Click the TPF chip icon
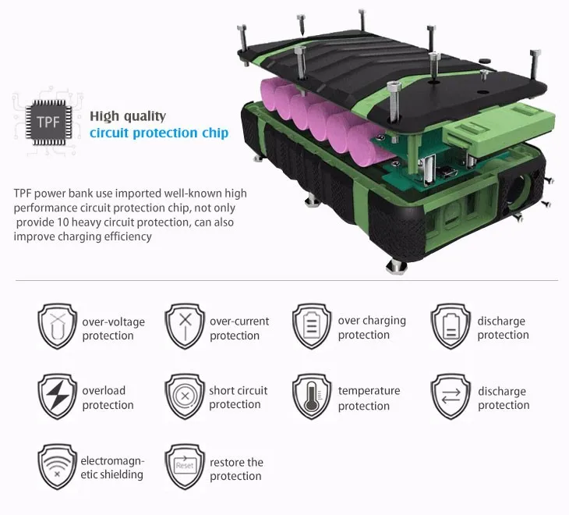pyautogui.click(x=48, y=122)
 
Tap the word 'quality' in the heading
pyautogui.click(x=145, y=116)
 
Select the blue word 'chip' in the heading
pyautogui.click(x=215, y=133)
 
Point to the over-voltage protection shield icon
pyautogui.click(x=58, y=326)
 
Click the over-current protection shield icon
pyautogui.click(x=185, y=326)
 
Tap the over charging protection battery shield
pyautogui.click(x=312, y=326)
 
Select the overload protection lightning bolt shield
pyautogui.click(x=58, y=396)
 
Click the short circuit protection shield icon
pyautogui.click(x=185, y=396)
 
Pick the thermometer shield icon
pyautogui.click(x=312, y=396)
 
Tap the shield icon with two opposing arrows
pyautogui.click(x=451, y=396)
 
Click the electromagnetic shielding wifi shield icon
pyautogui.click(x=58, y=467)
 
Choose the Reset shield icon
pyautogui.click(x=185, y=467)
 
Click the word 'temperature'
pyautogui.click(x=369, y=391)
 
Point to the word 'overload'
pyautogui.click(x=104, y=390)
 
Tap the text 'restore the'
pyautogui.click(x=237, y=463)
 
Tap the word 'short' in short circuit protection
pyautogui.click(x=221, y=390)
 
